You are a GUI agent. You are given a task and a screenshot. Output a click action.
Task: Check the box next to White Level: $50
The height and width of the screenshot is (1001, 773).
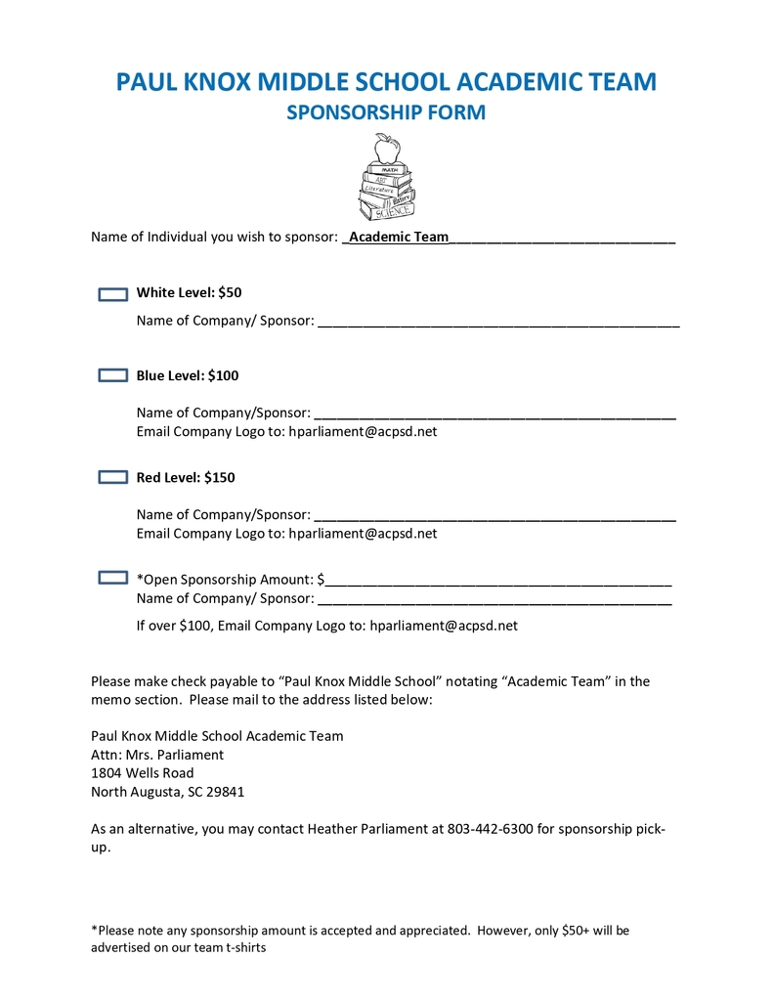coord(113,293)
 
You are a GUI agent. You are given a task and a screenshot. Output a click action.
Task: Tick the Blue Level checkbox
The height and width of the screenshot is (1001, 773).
coord(113,375)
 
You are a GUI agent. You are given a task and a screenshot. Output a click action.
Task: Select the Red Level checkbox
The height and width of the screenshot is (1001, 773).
coord(113,477)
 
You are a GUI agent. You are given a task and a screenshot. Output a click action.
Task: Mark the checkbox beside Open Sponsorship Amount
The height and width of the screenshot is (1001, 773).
coord(113,579)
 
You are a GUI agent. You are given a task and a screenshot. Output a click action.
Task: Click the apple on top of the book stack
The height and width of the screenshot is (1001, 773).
coord(388,150)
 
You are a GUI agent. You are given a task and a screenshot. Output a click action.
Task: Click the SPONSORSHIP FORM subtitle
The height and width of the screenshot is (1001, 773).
coord(386,113)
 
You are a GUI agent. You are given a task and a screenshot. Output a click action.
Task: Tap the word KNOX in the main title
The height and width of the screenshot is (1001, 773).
coord(212,81)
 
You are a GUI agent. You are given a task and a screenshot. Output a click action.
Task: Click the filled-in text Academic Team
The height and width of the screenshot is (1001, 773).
coord(399,237)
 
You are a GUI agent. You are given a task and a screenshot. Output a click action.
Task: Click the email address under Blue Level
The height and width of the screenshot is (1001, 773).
coord(363,431)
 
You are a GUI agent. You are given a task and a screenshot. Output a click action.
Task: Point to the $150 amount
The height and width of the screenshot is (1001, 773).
coord(220,477)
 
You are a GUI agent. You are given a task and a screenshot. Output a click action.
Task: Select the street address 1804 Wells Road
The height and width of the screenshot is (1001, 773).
coord(142,773)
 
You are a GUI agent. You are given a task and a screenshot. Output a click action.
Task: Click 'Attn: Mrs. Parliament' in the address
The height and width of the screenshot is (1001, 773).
coord(157,755)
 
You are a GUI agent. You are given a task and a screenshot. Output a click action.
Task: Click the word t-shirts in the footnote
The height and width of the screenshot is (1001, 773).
coord(246,947)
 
